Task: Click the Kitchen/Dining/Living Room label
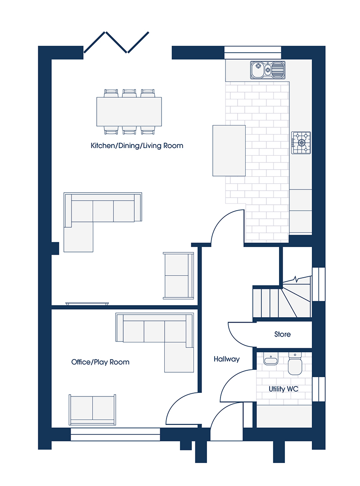click(137, 146)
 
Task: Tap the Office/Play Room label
click(100, 362)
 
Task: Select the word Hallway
click(227, 359)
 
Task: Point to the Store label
click(283, 334)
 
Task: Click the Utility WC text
click(283, 389)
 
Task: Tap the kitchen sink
click(268, 70)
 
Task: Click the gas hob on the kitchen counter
click(301, 143)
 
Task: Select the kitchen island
click(229, 151)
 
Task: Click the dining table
click(129, 112)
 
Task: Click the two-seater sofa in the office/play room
click(92, 410)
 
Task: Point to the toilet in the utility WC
click(295, 364)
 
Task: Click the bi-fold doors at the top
click(116, 42)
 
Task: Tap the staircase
click(282, 297)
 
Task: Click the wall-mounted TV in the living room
click(87, 304)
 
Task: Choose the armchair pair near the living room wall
click(179, 275)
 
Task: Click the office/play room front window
click(115, 434)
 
